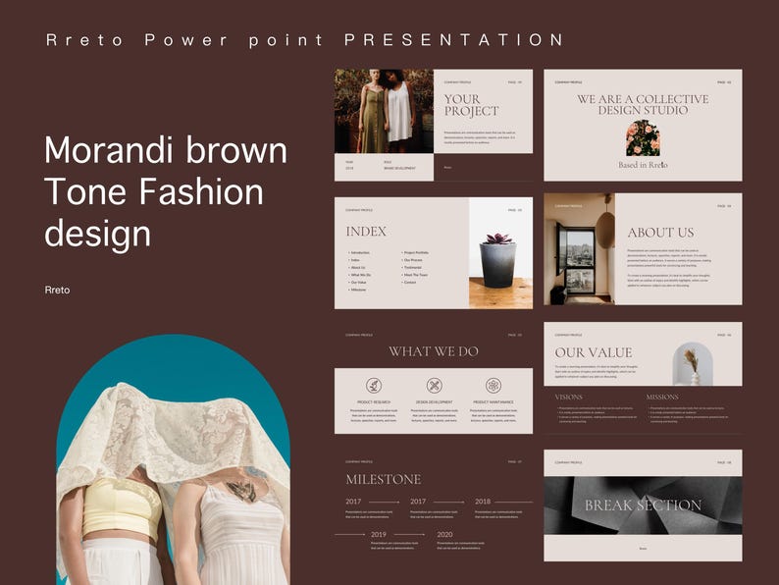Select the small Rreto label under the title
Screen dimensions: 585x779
tap(58, 290)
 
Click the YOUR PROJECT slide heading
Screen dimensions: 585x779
tap(471, 105)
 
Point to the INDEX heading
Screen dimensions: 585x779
tap(366, 232)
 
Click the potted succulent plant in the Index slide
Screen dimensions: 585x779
tap(499, 259)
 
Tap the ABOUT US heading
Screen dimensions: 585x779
tap(660, 233)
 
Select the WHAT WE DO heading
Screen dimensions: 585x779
tap(434, 351)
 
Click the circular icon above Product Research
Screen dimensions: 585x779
tap(374, 386)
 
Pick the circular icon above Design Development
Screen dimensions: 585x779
tap(434, 386)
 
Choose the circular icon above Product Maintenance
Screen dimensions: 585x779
tap(493, 386)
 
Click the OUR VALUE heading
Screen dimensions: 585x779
tap(594, 352)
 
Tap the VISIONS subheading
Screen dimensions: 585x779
tap(569, 398)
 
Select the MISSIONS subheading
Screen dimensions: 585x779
tap(661, 398)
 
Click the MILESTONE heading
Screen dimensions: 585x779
tap(383, 479)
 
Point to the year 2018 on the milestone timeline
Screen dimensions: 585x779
tap(483, 502)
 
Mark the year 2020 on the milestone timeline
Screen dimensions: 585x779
tap(444, 535)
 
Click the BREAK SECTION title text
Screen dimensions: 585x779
tap(643, 505)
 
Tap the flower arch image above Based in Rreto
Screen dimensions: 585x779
tap(643, 138)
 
